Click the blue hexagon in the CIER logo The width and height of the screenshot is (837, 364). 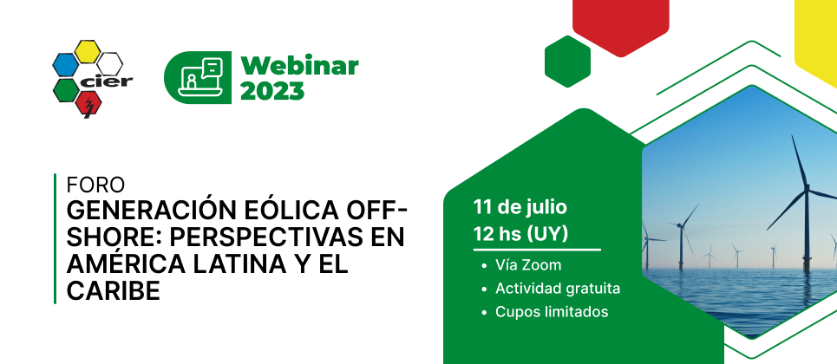[65, 65]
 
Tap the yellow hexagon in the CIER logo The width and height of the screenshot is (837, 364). [87, 51]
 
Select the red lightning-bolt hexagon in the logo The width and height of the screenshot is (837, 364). [88, 104]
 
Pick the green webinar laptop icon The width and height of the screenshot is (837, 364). [198, 77]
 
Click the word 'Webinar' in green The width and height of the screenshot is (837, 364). [299, 66]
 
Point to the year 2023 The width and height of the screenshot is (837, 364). [272, 91]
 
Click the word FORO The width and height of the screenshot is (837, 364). [95, 185]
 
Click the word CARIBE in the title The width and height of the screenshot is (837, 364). [113, 291]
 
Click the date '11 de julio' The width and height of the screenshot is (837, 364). [520, 207]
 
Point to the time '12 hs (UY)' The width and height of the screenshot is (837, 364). [520, 234]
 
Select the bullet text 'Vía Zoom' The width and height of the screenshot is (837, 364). [528, 265]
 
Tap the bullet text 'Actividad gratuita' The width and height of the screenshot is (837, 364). [558, 289]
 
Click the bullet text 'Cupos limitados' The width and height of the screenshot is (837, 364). [552, 312]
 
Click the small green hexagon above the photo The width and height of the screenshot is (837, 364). [567, 62]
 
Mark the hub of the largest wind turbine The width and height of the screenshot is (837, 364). [808, 188]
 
